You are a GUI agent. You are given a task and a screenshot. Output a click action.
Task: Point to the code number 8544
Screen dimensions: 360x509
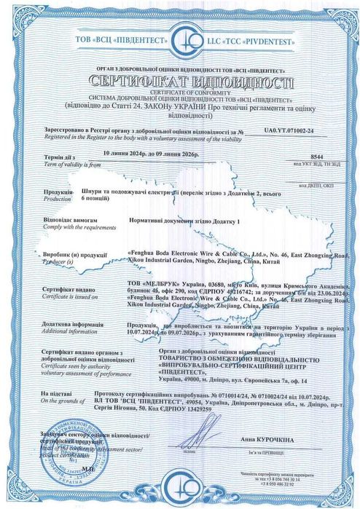[x=315, y=157]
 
